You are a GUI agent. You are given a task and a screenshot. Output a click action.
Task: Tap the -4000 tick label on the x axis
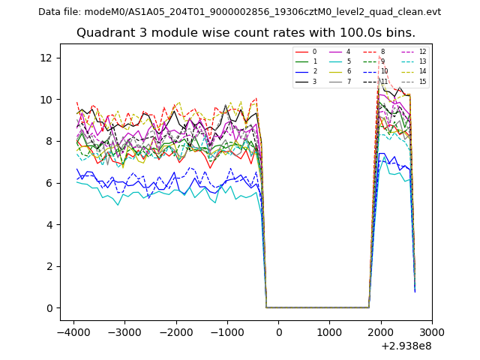point(73,332)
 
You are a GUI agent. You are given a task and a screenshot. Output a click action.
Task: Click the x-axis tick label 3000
point(432,332)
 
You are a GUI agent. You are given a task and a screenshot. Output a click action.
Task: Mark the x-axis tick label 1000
point(329,332)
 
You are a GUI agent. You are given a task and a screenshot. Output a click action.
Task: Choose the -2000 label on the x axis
point(175,332)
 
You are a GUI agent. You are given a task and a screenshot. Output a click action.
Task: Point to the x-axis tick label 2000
point(380,332)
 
